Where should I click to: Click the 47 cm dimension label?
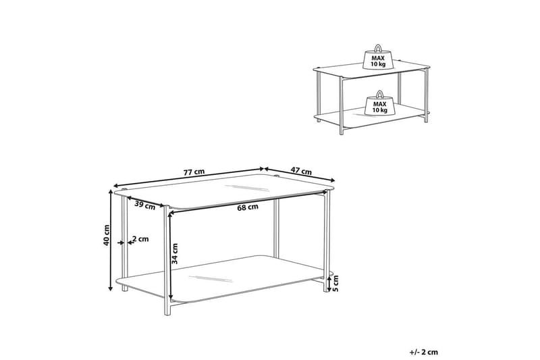click(300, 171)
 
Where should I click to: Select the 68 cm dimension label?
click(247, 207)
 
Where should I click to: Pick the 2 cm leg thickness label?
click(140, 239)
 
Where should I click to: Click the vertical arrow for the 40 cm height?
click(112, 240)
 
